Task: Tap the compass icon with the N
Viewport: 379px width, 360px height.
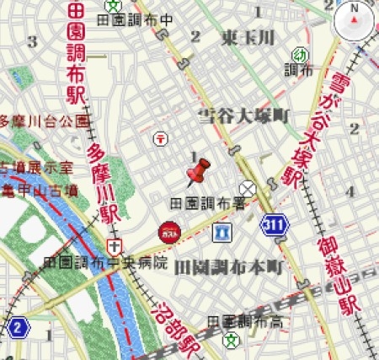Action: [x=355, y=20]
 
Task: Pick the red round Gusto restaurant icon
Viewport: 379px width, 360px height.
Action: [x=168, y=229]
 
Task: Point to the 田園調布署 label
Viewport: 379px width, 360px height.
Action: [x=207, y=203]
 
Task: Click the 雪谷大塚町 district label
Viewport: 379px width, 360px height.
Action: [x=243, y=115]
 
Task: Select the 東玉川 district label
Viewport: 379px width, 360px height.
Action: [x=248, y=37]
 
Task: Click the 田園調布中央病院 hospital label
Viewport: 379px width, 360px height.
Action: [x=105, y=262]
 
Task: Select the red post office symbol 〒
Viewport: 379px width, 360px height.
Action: [x=159, y=137]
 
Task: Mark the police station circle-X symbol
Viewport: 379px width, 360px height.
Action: [x=248, y=188]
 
